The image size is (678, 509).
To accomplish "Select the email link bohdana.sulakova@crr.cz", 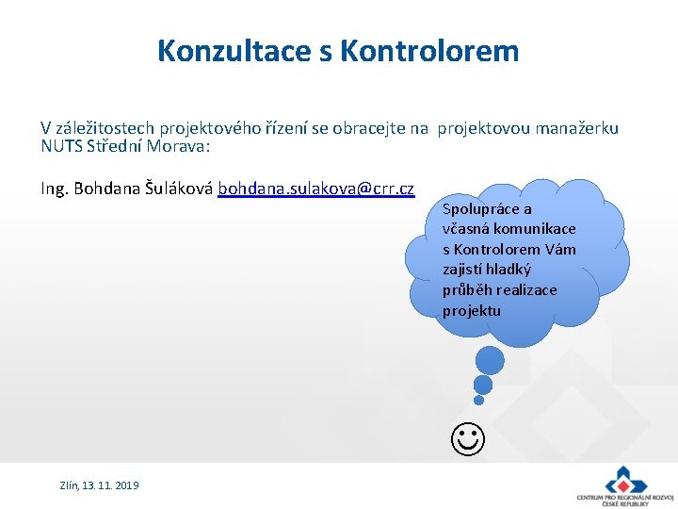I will click(315, 189).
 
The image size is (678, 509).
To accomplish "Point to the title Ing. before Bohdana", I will click(55, 189).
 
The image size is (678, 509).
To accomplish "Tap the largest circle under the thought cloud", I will click(490, 360).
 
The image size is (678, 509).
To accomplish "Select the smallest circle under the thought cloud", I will click(478, 400).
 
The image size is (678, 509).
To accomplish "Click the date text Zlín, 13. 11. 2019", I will click(99, 484).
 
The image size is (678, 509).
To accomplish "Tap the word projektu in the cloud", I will click(472, 310).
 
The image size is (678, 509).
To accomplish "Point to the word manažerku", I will click(577, 128).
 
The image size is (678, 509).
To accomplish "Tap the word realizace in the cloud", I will click(526, 289).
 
